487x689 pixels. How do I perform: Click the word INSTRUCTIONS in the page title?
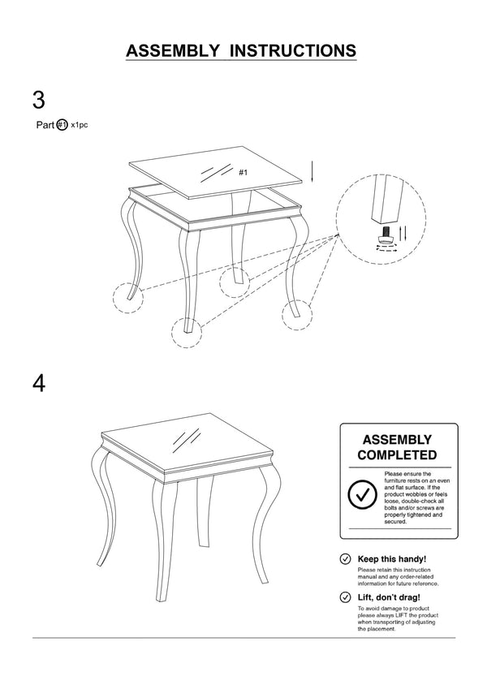click(293, 50)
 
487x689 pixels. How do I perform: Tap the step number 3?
click(38, 101)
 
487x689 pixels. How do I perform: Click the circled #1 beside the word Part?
click(62, 125)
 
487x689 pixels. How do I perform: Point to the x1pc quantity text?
click(80, 125)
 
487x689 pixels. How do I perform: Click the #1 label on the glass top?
click(243, 173)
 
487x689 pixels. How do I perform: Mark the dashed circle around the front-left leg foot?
click(127, 297)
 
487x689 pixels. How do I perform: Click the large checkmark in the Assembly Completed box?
click(360, 494)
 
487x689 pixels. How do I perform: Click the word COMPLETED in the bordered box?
click(398, 455)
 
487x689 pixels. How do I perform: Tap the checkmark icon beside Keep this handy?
click(345, 559)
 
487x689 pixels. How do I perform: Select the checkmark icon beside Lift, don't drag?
click(345, 597)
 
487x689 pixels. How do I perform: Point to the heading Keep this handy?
click(391, 559)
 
